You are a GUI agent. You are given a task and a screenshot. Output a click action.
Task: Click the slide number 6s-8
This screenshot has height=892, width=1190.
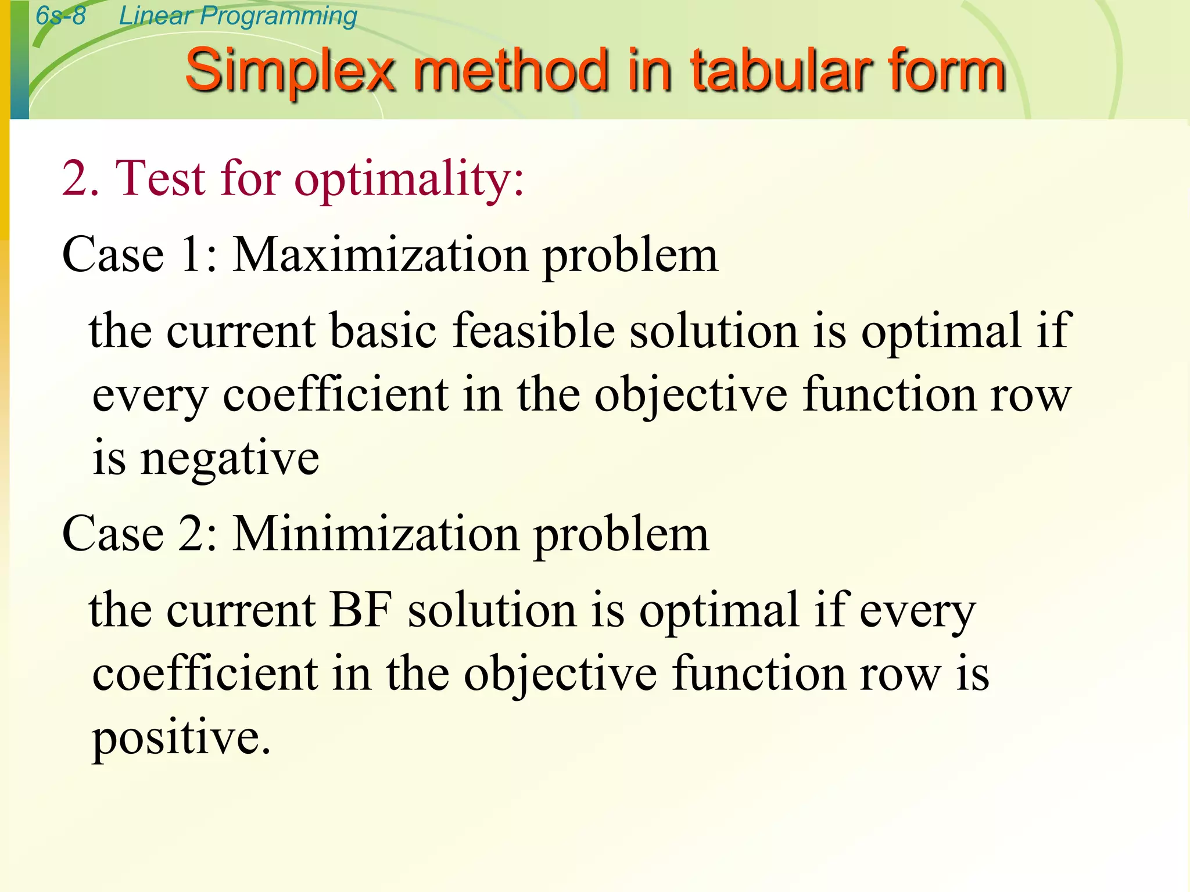click(x=60, y=16)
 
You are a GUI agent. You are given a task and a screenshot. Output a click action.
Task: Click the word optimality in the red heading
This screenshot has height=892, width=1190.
click(x=409, y=179)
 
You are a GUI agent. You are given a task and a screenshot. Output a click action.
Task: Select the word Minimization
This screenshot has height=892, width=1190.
click(x=376, y=534)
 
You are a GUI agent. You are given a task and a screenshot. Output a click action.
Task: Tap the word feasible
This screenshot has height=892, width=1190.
click(x=533, y=330)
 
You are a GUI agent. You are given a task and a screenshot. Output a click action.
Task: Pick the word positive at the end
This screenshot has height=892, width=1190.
click(x=180, y=738)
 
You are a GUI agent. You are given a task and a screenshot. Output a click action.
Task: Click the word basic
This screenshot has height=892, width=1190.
click(x=383, y=330)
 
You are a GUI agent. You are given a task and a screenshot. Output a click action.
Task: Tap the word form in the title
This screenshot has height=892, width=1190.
click(x=947, y=71)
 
